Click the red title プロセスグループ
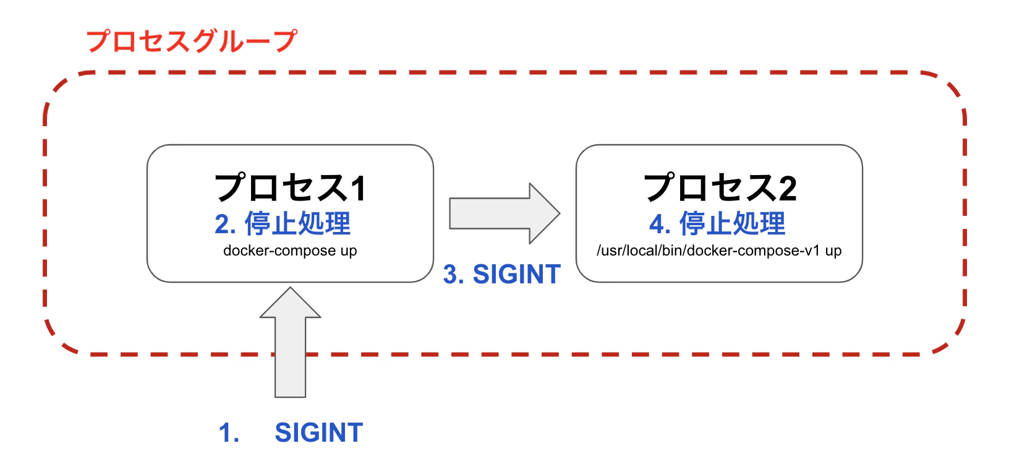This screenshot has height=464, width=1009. [x=192, y=41]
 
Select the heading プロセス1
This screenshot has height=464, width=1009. [x=290, y=187]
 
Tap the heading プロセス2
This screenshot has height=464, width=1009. [x=720, y=187]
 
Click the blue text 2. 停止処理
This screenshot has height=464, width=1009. [x=283, y=223]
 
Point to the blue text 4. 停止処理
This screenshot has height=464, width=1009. [x=717, y=223]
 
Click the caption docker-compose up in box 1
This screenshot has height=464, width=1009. [x=290, y=251]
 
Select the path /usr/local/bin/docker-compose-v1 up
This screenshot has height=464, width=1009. [x=719, y=251]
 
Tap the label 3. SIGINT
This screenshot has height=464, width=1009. [x=502, y=274]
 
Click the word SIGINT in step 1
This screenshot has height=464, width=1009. [x=318, y=432]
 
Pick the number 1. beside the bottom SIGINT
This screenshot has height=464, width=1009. [x=229, y=432]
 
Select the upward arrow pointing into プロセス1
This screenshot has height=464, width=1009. [x=290, y=346]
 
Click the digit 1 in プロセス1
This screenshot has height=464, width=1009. [x=358, y=188]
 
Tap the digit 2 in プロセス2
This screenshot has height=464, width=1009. [x=787, y=188]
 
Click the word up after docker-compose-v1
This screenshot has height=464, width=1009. [x=833, y=251]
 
